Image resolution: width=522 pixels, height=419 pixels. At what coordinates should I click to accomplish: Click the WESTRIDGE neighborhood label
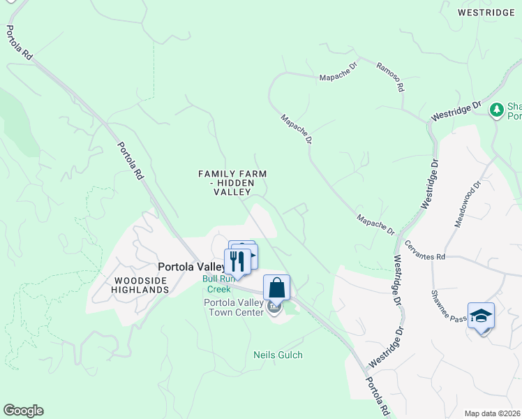pos(486,13)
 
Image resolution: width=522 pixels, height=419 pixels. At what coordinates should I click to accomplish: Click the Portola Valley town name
pos(191,267)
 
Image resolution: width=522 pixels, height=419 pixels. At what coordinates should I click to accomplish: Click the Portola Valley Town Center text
pos(233,307)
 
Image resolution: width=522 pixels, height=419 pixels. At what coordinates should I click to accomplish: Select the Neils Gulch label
pos(278,355)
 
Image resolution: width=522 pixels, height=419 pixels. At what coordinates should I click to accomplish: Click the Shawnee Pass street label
pos(447,304)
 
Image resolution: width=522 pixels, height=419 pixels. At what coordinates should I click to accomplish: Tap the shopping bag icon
pos(276,287)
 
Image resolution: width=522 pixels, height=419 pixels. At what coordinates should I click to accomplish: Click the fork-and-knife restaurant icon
pos(237,261)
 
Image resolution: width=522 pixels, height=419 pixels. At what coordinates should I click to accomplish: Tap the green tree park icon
pos(496,110)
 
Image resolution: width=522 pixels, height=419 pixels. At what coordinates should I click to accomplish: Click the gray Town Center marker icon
pos(274,307)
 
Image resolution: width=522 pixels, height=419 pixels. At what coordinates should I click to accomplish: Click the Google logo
pos(23,411)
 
